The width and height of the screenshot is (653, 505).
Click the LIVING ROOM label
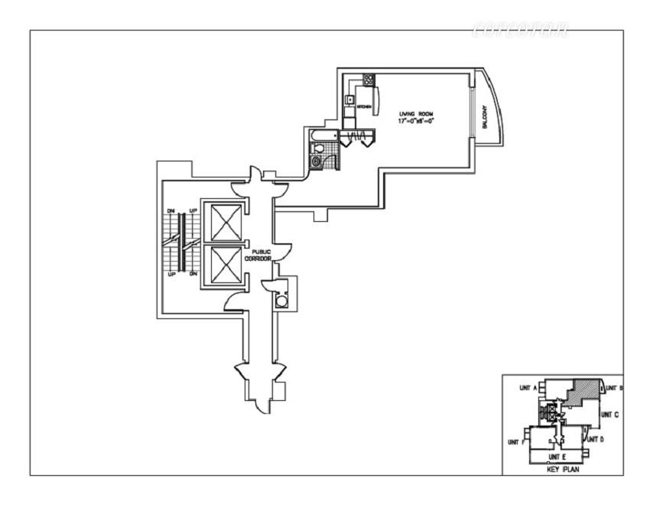pos(416,113)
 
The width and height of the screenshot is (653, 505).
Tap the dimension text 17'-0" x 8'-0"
pos(416,121)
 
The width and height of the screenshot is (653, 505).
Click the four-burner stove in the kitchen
pos(369,79)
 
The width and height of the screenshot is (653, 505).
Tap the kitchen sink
pos(351,98)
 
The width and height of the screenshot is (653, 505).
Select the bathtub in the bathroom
pos(320,138)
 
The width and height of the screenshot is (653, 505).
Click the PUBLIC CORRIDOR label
pos(258,255)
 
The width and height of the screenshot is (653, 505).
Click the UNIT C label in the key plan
pos(609,414)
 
